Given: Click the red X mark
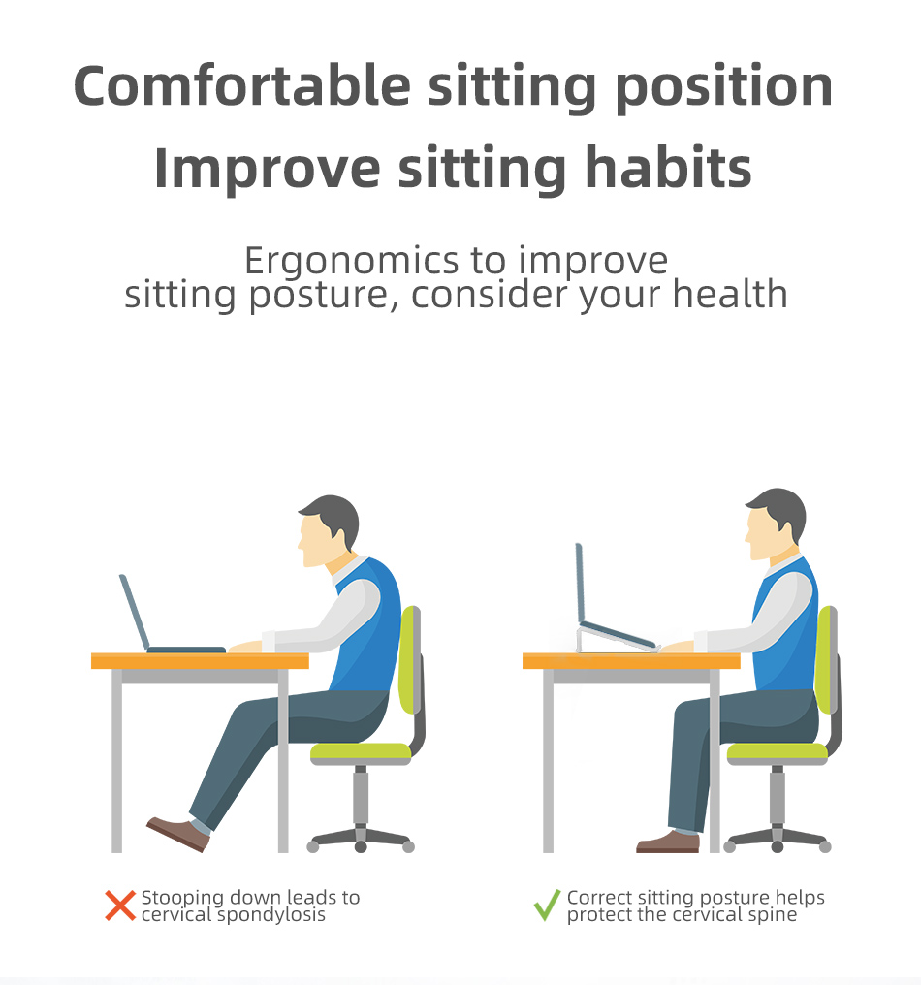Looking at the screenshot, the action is click(120, 906).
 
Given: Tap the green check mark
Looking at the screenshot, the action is click(547, 906).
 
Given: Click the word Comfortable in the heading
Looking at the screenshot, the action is click(241, 86).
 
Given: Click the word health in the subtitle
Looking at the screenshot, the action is click(730, 294).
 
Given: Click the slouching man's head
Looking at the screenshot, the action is click(329, 531).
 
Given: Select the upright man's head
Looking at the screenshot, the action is click(776, 524).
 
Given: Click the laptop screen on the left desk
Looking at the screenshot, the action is click(134, 611).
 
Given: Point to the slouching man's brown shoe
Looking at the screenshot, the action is click(178, 834).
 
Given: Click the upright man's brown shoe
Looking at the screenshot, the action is click(668, 842).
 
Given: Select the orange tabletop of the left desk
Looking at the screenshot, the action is click(200, 661).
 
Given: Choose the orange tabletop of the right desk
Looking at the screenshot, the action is click(631, 661).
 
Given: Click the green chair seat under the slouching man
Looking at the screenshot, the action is click(361, 750).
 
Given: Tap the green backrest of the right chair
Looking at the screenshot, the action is click(824, 659).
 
